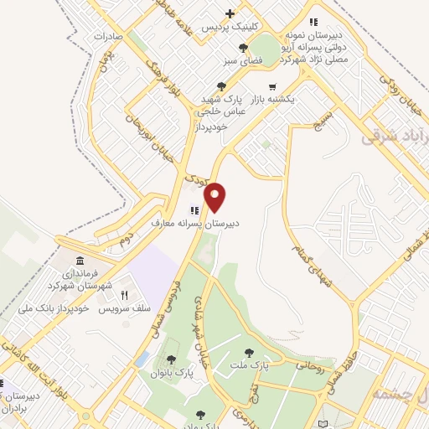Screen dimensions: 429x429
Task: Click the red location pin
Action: pos(215,196)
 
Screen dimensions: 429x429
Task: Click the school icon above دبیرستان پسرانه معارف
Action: pos(194,210)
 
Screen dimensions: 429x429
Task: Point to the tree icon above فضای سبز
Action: pos(243,48)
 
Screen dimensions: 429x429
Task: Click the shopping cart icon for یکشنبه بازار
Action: pos(271,86)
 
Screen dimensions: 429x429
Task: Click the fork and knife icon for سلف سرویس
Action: pos(124,295)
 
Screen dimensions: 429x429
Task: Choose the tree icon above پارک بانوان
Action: pos(171,359)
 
